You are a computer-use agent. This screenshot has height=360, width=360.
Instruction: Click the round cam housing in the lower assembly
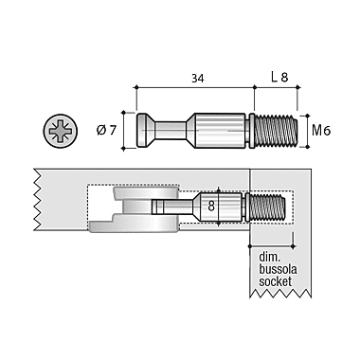(136, 207)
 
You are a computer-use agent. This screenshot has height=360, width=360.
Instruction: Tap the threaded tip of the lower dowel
(268, 205)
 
